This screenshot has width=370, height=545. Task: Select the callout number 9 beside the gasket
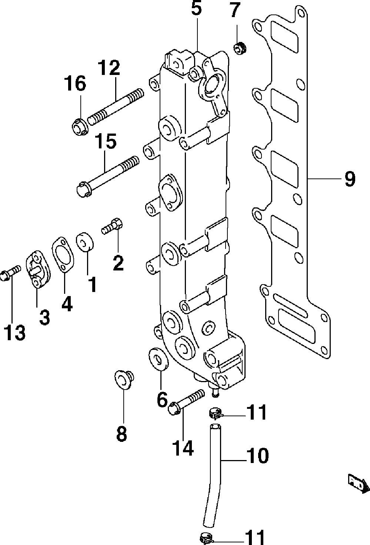point(350,179)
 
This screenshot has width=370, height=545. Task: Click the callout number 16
point(75,83)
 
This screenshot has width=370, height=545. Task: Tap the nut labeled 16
point(80,127)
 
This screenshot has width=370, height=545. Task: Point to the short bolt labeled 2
point(112,226)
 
